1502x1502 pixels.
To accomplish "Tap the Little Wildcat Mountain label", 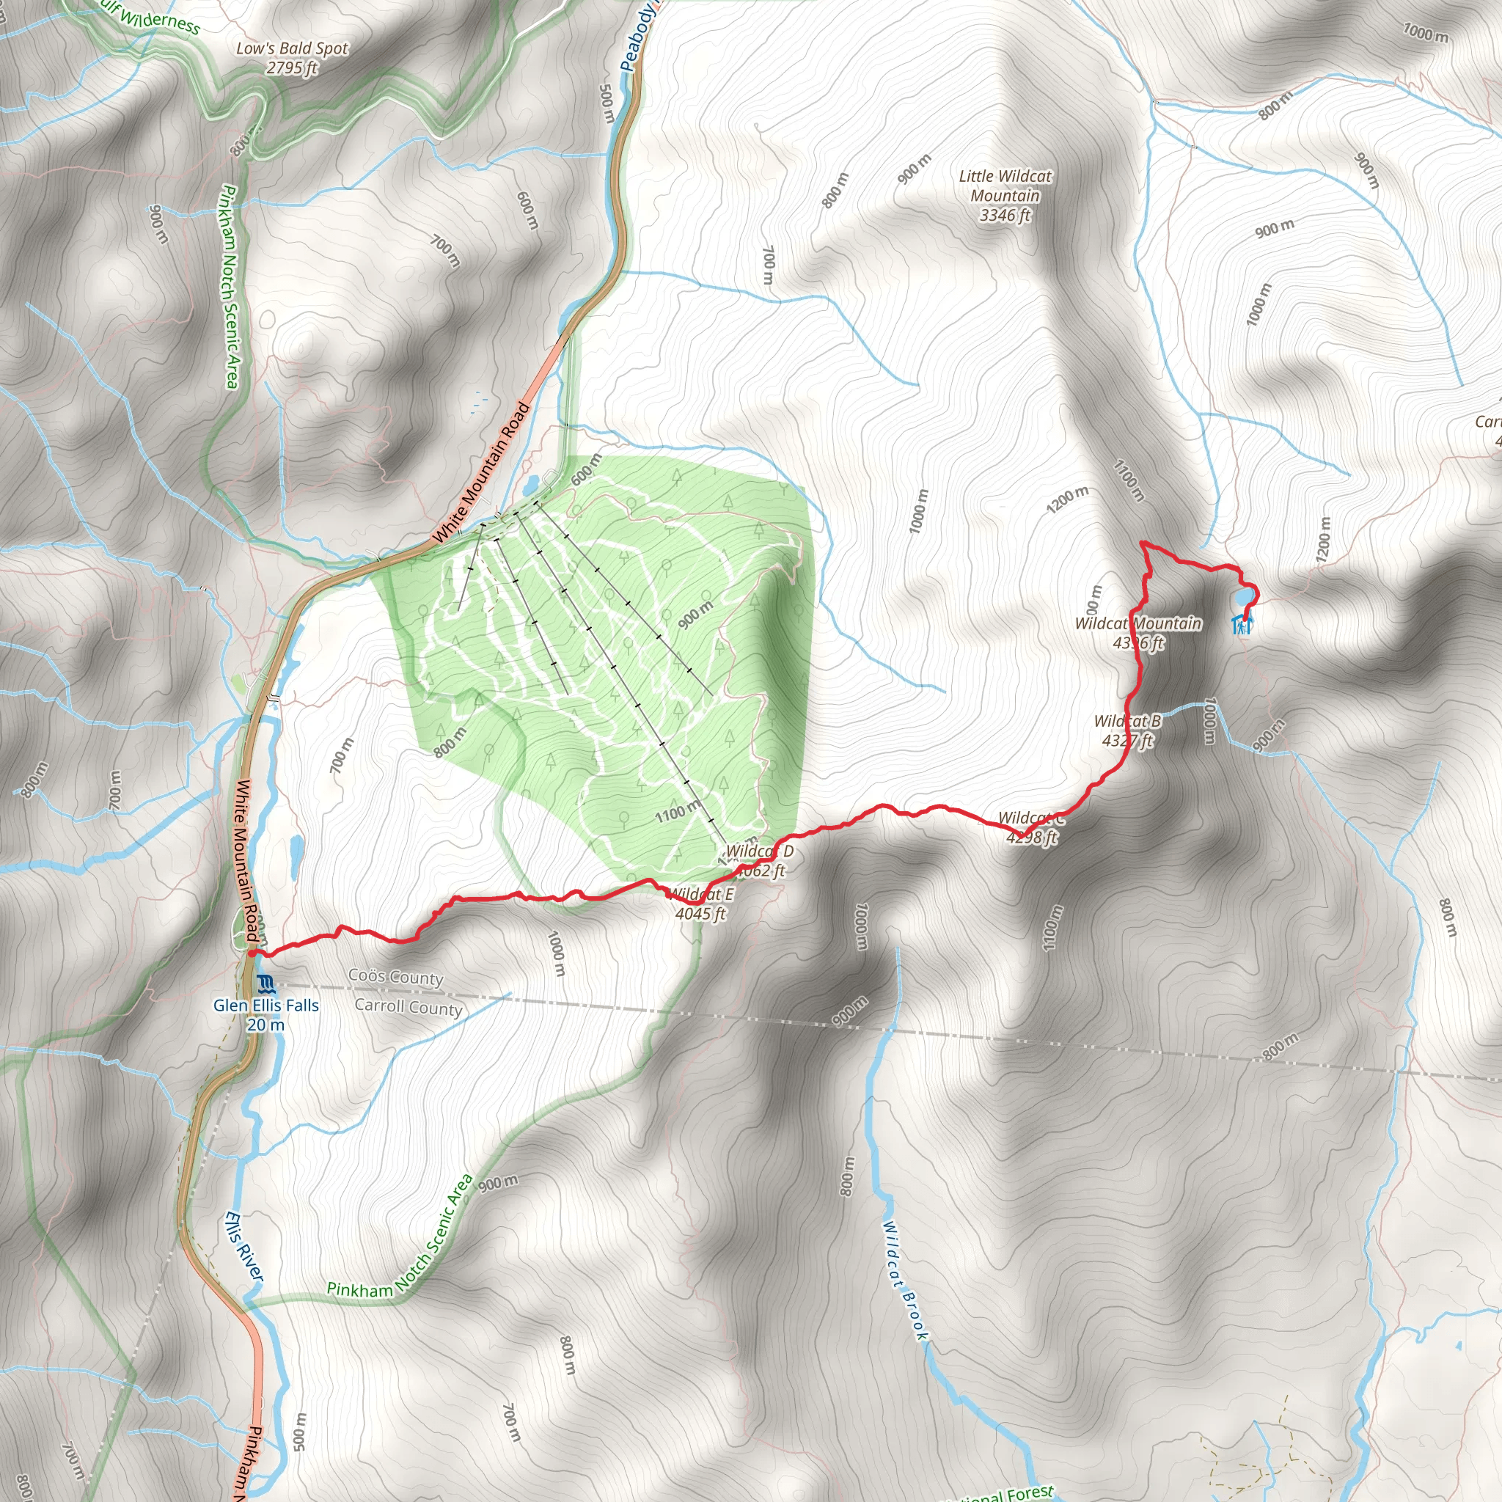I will click(x=1005, y=195).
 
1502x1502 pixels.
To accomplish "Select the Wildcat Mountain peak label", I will click(x=1138, y=633).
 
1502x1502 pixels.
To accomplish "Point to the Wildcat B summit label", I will click(x=1127, y=730).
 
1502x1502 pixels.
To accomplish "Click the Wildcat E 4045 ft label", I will click(x=700, y=904).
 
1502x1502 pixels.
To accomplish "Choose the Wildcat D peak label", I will click(x=759, y=860).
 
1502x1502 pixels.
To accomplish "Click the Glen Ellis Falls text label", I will click(x=266, y=1014).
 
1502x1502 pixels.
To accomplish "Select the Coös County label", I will click(x=396, y=976).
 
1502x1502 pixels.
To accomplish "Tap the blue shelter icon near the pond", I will click(x=1241, y=624).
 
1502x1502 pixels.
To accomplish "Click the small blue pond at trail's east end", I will click(x=1243, y=597).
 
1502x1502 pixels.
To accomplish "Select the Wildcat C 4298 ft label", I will click(x=1031, y=828).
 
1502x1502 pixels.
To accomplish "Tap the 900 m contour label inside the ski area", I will click(x=695, y=615).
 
